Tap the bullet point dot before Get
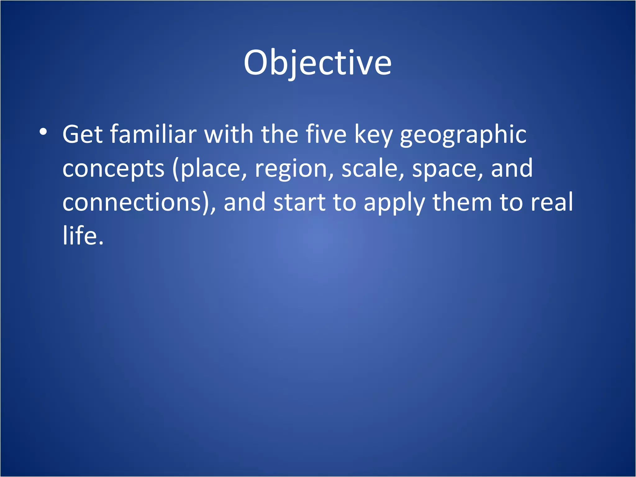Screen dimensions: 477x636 (x=43, y=132)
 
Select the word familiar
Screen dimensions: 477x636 (x=153, y=134)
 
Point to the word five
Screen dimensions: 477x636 (x=326, y=134)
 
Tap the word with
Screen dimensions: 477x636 (x=229, y=134)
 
